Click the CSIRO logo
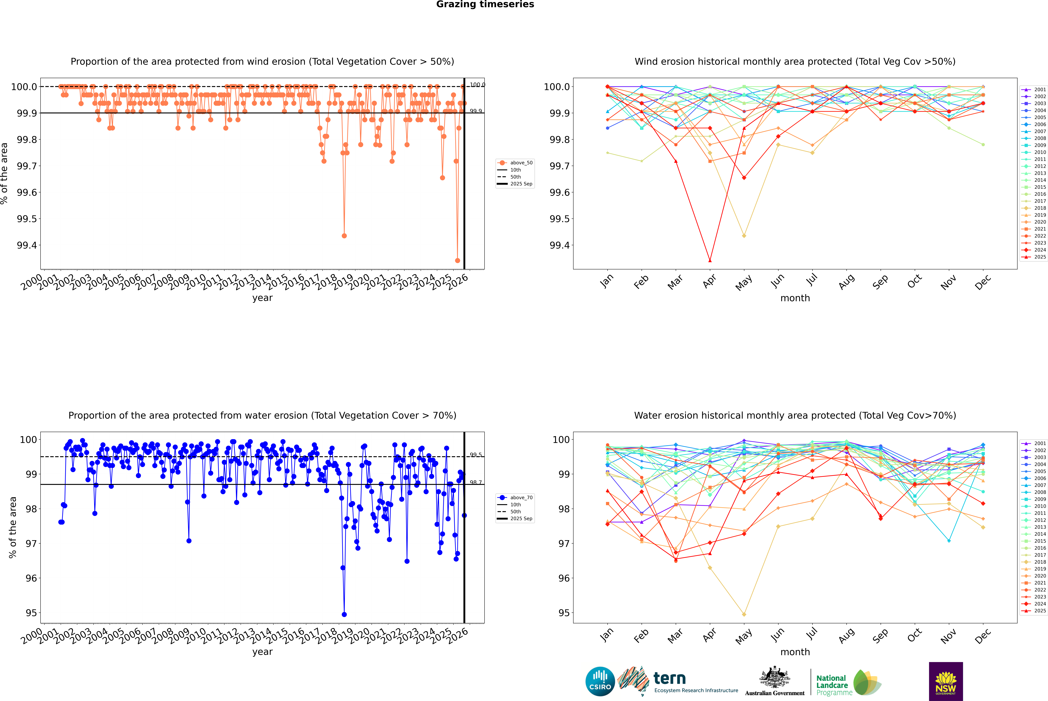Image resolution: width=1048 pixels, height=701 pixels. point(600,681)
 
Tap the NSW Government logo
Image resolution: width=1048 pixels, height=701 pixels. point(946,681)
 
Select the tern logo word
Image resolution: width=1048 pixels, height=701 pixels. point(669,678)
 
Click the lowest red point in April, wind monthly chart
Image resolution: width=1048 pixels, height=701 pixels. point(710,261)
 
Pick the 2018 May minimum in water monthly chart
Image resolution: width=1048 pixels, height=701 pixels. point(744,614)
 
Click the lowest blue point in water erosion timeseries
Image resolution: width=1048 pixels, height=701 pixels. point(344,614)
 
